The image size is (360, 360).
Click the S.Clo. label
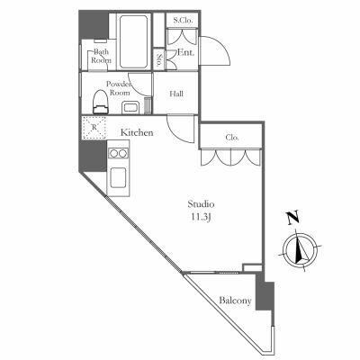(x=182, y=21)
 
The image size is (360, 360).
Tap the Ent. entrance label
(x=185, y=52)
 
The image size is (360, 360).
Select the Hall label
(x=176, y=94)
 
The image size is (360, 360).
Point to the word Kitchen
(x=137, y=132)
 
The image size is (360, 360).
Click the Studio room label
(x=201, y=204)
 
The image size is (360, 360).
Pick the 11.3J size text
(x=201, y=218)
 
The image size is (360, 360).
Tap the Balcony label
(x=235, y=301)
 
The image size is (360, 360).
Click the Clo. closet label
(x=232, y=138)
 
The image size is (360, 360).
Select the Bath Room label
(x=101, y=56)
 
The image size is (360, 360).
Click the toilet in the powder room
(x=101, y=102)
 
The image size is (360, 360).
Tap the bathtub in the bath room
(x=134, y=41)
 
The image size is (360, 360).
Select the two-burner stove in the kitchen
(x=118, y=153)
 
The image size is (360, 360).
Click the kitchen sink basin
(x=118, y=177)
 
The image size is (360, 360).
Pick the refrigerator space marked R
(x=94, y=127)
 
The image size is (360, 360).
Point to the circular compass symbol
(x=300, y=250)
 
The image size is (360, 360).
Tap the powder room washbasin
(x=130, y=107)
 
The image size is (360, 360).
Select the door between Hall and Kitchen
(x=181, y=130)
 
